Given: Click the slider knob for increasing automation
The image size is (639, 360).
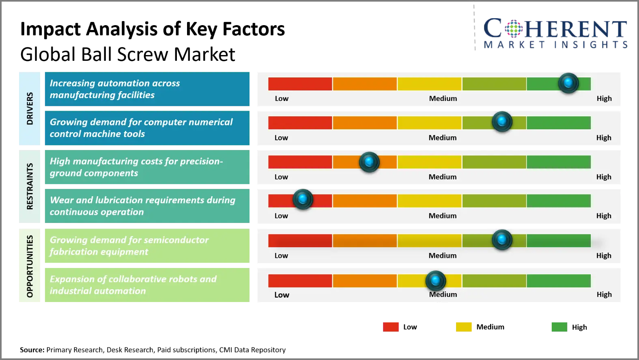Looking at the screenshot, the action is pyautogui.click(x=568, y=83).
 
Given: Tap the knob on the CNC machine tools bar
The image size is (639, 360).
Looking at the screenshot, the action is pyautogui.click(x=502, y=122).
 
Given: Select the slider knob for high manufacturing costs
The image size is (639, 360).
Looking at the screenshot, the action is pyautogui.click(x=369, y=162).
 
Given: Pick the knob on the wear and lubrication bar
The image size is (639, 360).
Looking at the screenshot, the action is pyautogui.click(x=303, y=199).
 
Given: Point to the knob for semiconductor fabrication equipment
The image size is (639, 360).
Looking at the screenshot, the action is pyautogui.click(x=502, y=240).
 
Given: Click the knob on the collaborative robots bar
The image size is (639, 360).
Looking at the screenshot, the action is pyautogui.click(x=436, y=281).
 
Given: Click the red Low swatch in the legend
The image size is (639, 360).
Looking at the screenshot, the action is pyautogui.click(x=391, y=327).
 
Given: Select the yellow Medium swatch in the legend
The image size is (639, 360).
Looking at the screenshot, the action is pyautogui.click(x=464, y=327).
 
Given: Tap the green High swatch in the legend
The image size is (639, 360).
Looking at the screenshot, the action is pyautogui.click(x=559, y=327).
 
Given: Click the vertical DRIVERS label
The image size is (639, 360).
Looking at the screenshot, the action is pyautogui.click(x=30, y=109).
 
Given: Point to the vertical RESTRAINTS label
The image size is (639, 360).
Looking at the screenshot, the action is pyautogui.click(x=30, y=186).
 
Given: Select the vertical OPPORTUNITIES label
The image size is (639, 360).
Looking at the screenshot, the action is pyautogui.click(x=30, y=266).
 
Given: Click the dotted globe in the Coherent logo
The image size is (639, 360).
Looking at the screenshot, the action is pyautogui.click(x=514, y=28).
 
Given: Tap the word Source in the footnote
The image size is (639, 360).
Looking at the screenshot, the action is pyautogui.click(x=32, y=350).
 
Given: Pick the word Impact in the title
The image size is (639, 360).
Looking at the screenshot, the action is pyautogui.click(x=51, y=29).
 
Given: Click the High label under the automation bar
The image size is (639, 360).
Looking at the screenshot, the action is pyautogui.click(x=604, y=99).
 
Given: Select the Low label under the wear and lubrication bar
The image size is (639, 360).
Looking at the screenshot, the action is pyautogui.click(x=281, y=216).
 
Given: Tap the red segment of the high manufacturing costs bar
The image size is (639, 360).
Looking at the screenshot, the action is pyautogui.click(x=300, y=162).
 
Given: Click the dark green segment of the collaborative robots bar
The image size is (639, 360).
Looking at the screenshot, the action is pyautogui.click(x=559, y=281).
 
